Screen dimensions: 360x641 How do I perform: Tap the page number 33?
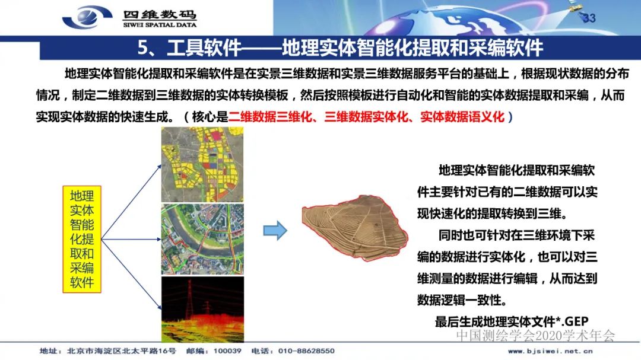(589, 18)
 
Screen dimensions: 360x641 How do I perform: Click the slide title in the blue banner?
(340, 47)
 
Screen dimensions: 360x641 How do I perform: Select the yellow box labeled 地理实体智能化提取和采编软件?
(82, 239)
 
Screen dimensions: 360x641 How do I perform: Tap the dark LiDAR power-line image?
(202, 308)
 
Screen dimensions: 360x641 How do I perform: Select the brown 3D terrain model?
(355, 227)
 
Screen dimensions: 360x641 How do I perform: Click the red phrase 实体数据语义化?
(462, 117)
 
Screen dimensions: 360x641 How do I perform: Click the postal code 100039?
(227, 351)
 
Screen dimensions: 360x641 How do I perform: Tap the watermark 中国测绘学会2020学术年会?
(535, 336)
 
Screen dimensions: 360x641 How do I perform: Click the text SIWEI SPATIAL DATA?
(160, 25)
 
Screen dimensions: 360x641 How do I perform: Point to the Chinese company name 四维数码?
(160, 14)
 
